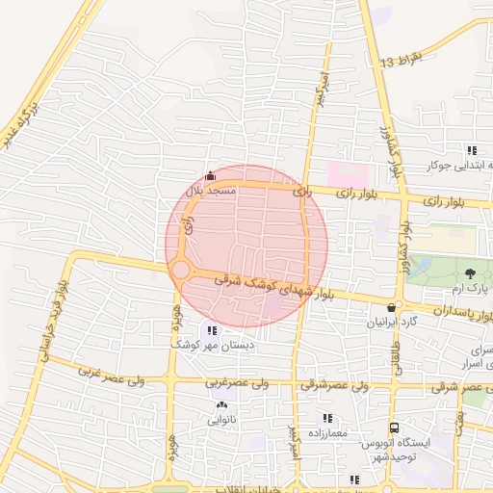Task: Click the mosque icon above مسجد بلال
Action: pyautogui.click(x=211, y=175)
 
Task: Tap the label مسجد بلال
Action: pyautogui.click(x=212, y=192)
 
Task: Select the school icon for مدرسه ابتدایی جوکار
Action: pyautogui.click(x=471, y=150)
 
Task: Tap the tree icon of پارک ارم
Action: pyautogui.click(x=470, y=274)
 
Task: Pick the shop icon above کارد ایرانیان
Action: pyautogui.click(x=390, y=306)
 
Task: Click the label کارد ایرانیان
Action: pyautogui.click(x=391, y=322)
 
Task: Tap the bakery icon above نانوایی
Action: pyautogui.click(x=222, y=405)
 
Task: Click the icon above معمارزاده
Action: pyautogui.click(x=327, y=418)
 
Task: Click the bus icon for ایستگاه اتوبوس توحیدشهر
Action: pyautogui.click(x=393, y=428)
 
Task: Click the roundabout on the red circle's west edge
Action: pyautogui.click(x=181, y=269)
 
